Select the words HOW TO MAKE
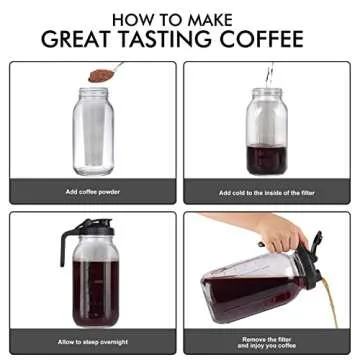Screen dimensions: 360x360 [180, 17]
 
